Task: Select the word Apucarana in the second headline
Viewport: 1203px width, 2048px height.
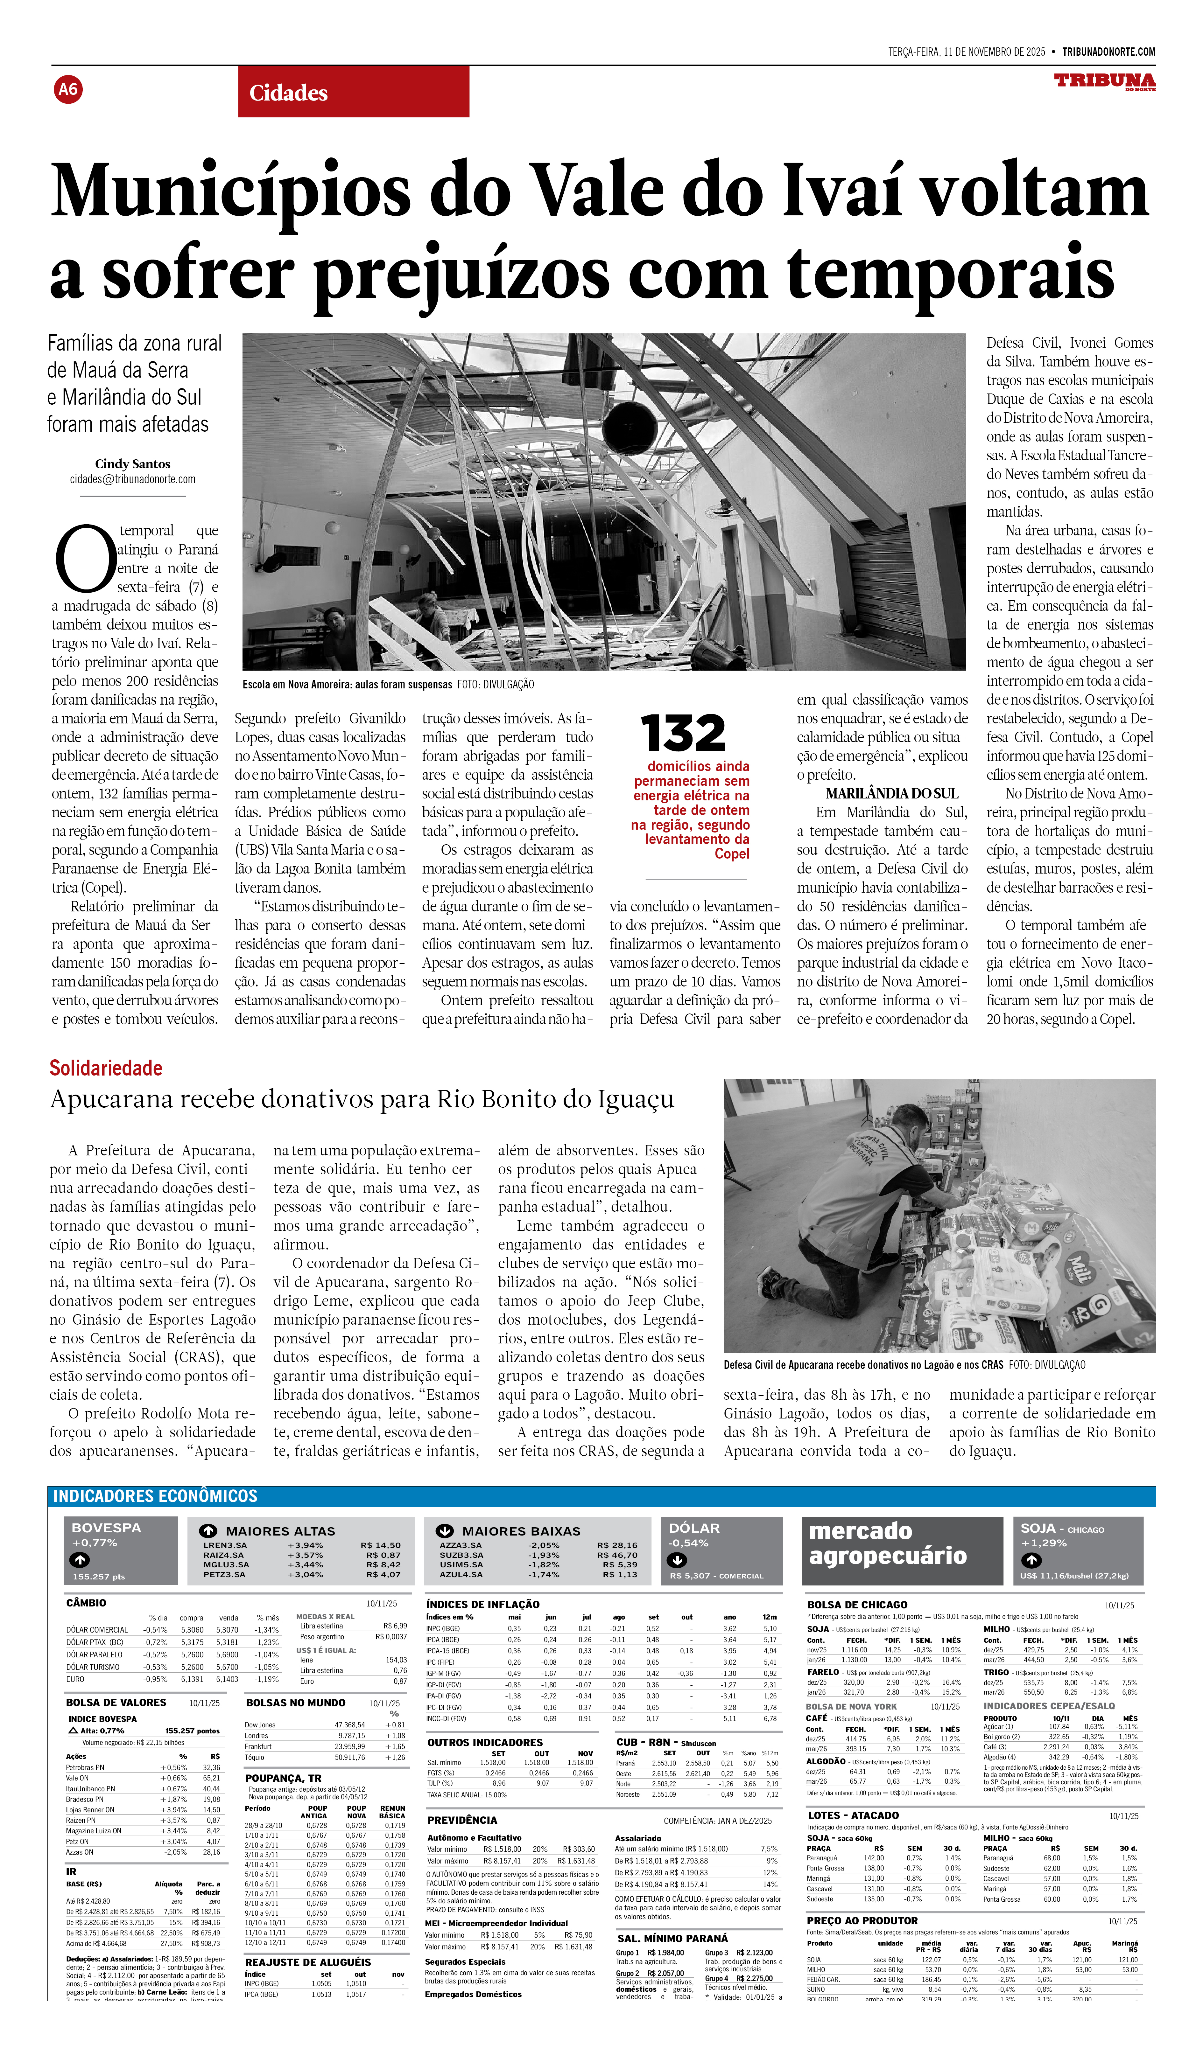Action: click(x=114, y=1100)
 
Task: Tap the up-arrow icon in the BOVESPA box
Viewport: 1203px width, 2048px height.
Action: click(x=80, y=1560)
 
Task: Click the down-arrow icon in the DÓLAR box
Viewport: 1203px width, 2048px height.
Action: click(x=676, y=1560)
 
